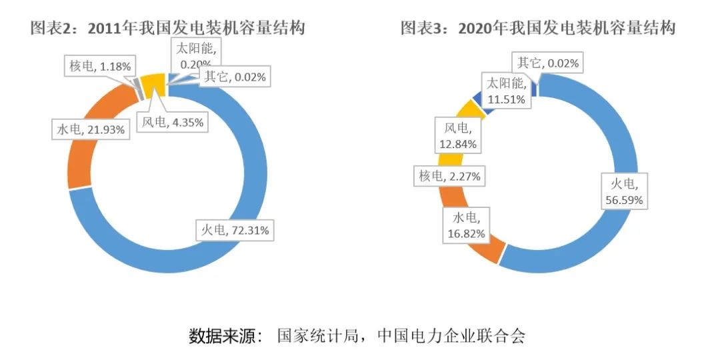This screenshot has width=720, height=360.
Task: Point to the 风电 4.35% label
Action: pyautogui.click(x=173, y=123)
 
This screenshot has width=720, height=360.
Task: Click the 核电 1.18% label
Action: pyautogui.click(x=100, y=65)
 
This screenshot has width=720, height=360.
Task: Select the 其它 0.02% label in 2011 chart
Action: pyautogui.click(x=235, y=77)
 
